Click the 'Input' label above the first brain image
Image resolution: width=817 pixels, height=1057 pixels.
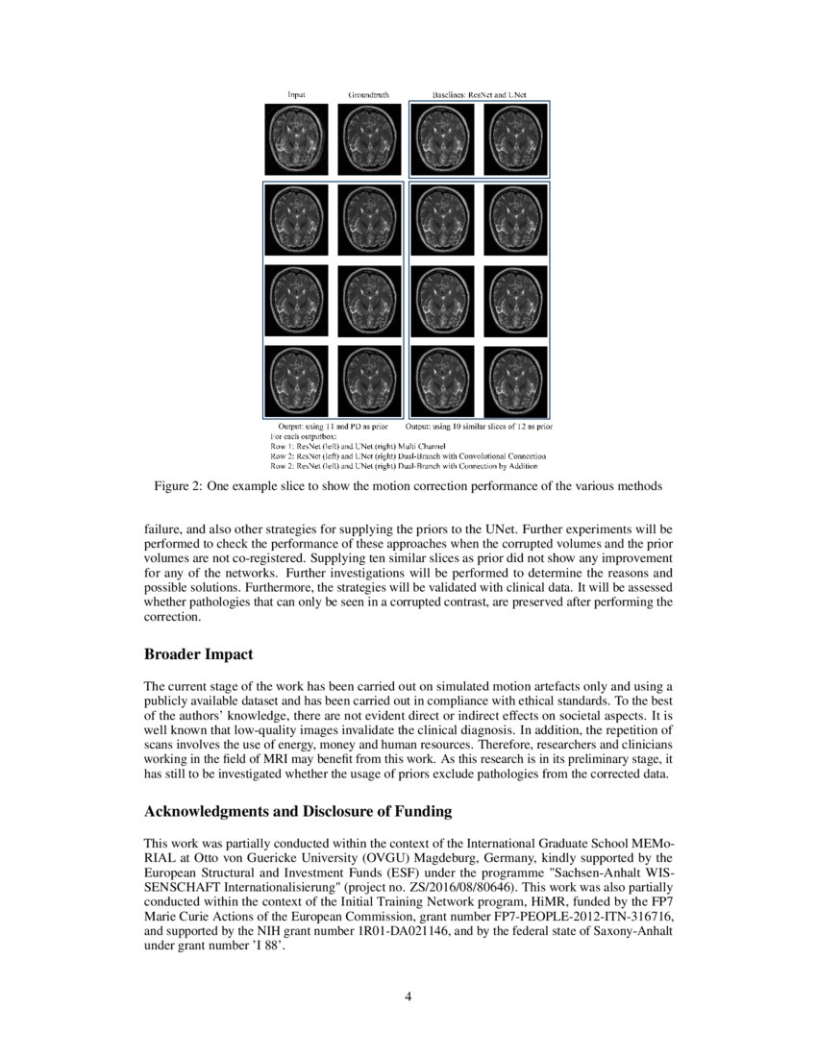click(x=297, y=95)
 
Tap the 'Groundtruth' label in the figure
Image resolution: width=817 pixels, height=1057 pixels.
click(x=369, y=95)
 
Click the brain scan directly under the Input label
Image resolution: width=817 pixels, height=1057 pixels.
click(x=296, y=139)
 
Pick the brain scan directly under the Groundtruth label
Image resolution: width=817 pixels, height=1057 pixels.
click(x=368, y=139)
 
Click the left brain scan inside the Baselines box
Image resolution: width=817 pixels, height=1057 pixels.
click(x=442, y=139)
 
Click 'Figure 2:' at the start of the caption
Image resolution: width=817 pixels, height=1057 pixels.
click(x=178, y=486)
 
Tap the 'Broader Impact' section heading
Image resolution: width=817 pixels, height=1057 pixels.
click(x=198, y=654)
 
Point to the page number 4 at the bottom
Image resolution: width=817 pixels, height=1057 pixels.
click(x=408, y=996)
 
